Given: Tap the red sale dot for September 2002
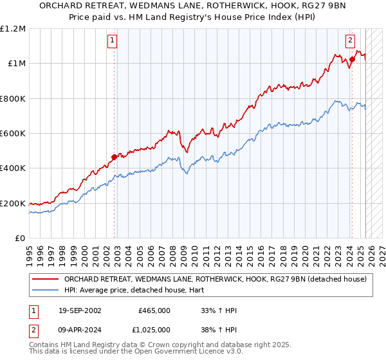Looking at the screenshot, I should coord(115,156).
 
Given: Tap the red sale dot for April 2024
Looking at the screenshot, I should coord(353,59).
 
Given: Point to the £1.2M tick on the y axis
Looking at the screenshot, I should coord(13,29).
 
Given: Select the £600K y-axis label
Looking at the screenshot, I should coord(14,134).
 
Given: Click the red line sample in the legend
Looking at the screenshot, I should coord(46,279).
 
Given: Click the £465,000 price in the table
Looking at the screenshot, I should coord(154,310).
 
